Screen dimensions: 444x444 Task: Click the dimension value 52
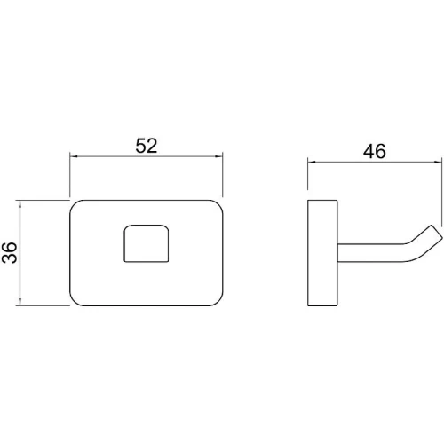click(x=147, y=146)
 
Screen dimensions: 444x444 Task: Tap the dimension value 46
click(x=375, y=151)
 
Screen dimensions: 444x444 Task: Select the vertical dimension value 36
click(x=10, y=252)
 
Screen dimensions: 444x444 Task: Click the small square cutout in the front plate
click(x=147, y=243)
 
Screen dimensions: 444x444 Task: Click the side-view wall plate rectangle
click(x=322, y=253)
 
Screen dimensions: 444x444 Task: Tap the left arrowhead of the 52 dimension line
click(x=73, y=156)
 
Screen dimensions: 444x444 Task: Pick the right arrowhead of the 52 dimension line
click(x=219, y=156)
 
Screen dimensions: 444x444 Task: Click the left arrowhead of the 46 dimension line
click(x=312, y=162)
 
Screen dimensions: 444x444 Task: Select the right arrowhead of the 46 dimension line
click(x=438, y=162)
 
